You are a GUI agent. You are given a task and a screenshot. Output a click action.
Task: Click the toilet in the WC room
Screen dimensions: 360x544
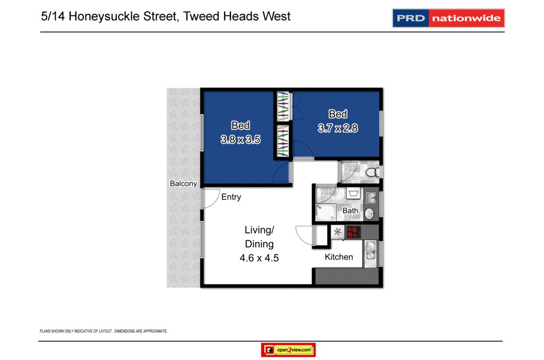pos(374,172)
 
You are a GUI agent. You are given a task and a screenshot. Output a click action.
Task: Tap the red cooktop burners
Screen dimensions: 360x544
pos(353,232)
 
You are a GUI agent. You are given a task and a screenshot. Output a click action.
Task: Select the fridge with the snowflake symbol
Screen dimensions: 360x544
pos(337,232)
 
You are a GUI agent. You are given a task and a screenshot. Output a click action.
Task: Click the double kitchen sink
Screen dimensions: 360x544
pos(370,253)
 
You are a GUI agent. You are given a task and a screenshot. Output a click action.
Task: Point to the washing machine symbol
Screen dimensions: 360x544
pos(353,193)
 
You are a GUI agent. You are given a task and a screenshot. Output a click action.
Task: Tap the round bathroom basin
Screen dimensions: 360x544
pos(369,213)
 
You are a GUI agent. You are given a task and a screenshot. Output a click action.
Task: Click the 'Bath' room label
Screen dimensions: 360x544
pos(350,211)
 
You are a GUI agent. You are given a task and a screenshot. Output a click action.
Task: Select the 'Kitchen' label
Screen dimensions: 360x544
pos(339,257)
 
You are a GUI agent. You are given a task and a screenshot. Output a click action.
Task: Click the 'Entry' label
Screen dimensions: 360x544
pos(231,197)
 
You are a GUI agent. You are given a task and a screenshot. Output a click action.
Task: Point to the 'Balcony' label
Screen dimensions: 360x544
pos(183,184)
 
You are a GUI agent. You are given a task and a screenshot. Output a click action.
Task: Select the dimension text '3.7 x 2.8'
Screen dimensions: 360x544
pos(338,128)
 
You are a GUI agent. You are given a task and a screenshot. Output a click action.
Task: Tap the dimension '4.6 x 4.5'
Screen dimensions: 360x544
pos(259,259)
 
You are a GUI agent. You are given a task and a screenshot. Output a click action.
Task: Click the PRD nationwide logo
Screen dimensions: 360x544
pos(448,18)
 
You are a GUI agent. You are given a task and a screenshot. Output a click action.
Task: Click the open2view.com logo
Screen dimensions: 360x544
pos(288,350)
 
